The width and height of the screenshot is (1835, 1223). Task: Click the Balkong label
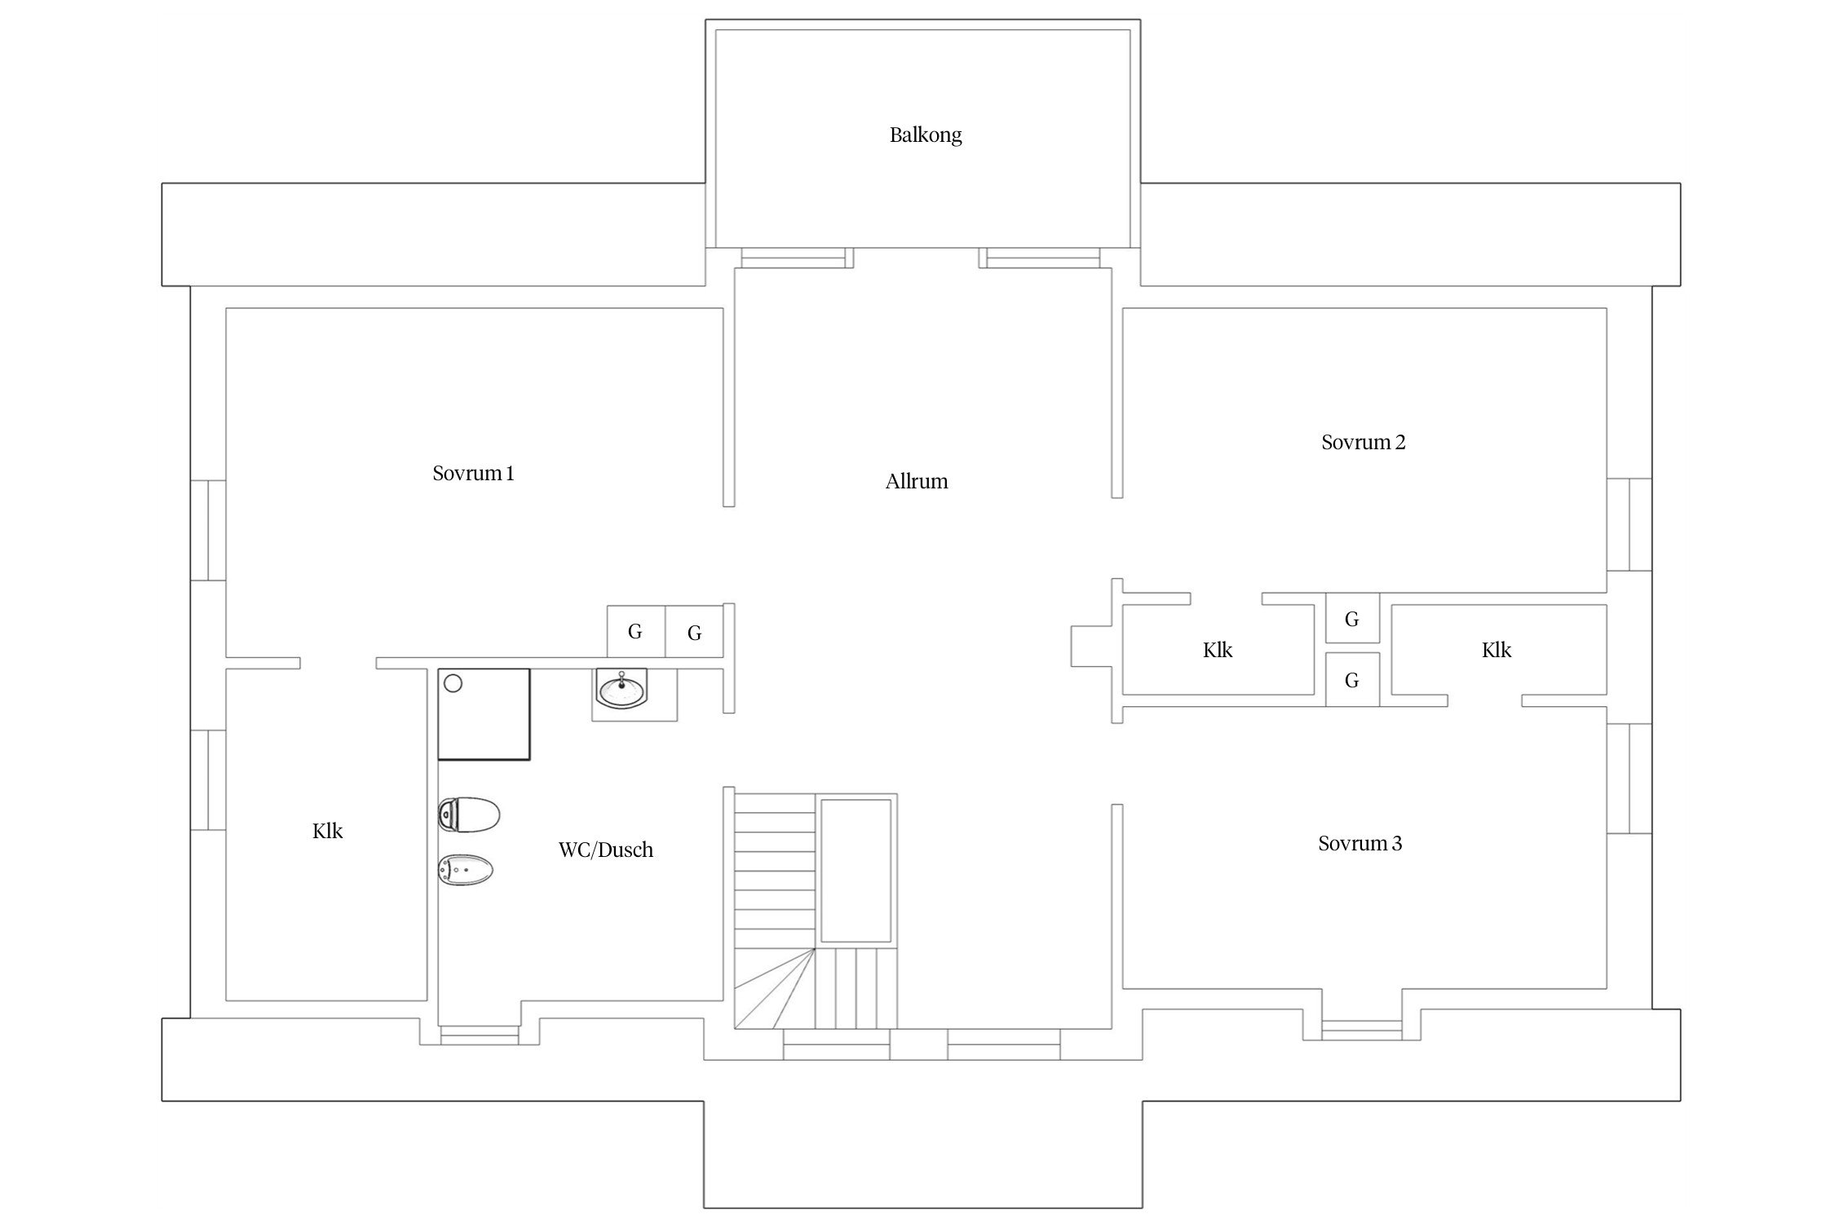point(926,135)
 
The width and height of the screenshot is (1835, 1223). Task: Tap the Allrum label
point(917,481)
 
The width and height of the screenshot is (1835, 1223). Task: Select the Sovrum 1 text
point(473,473)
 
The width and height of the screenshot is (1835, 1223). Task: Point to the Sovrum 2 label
point(1363,442)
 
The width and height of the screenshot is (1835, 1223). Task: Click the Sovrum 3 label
point(1360,843)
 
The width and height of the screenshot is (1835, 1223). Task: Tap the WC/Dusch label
point(605,850)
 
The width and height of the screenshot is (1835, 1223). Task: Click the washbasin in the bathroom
point(623,690)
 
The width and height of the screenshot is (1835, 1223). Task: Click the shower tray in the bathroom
point(484,715)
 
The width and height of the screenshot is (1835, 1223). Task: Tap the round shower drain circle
point(453,683)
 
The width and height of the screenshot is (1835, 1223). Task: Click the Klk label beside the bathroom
point(327,831)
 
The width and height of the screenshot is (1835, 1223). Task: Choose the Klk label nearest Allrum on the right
point(1218,650)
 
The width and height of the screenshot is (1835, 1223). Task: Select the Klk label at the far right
point(1497,650)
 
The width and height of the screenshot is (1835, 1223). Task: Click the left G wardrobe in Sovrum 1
point(635,631)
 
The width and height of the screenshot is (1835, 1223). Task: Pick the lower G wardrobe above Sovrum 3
point(1352,679)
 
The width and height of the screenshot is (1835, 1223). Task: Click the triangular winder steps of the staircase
point(775,988)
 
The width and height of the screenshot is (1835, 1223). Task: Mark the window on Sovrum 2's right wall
point(1629,524)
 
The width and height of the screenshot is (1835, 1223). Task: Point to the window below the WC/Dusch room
point(480,1035)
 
